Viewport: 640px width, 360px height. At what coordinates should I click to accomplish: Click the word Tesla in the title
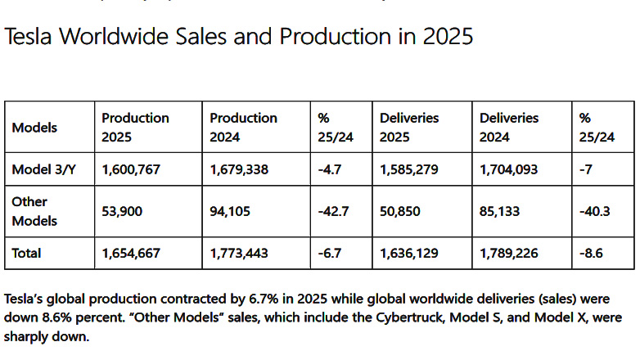tap(29, 37)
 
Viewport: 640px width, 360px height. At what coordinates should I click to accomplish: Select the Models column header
tap(34, 128)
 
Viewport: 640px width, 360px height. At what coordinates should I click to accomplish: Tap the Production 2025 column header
tap(135, 128)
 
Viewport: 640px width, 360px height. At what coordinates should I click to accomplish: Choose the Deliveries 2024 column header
tap(509, 128)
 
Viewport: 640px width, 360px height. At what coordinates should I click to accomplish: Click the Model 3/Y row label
tap(43, 170)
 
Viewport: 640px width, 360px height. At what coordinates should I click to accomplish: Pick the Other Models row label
tap(34, 211)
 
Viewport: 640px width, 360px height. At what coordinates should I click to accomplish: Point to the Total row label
tap(27, 254)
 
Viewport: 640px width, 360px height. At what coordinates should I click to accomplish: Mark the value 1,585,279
tap(413, 170)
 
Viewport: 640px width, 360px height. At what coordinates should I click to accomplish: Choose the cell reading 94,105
tap(230, 211)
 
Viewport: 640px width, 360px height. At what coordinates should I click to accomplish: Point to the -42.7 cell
tap(335, 211)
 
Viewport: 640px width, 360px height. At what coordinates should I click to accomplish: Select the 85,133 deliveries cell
tap(500, 211)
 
